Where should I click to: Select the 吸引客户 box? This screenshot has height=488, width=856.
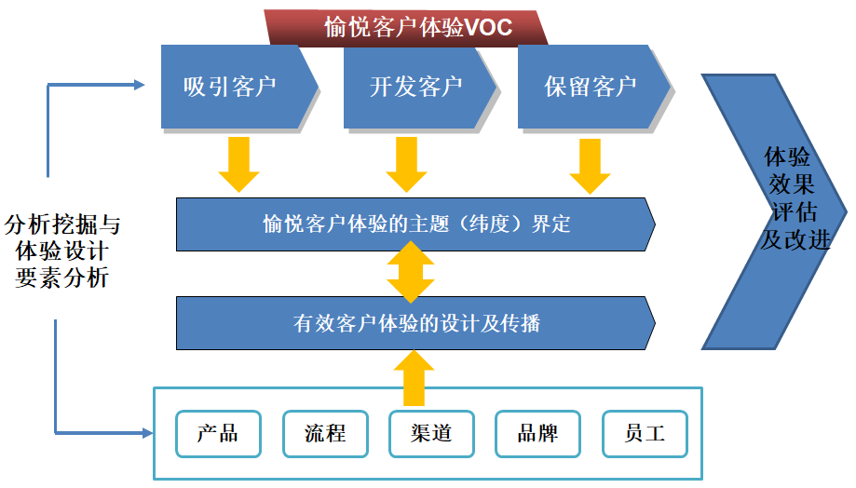coord(233,88)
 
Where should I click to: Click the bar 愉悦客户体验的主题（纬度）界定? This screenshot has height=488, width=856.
coord(415,224)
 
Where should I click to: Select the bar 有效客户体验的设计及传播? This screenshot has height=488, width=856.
coord(415,324)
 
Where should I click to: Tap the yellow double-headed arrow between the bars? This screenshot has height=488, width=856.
coord(411,274)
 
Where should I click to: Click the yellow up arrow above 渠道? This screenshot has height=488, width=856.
coord(411,376)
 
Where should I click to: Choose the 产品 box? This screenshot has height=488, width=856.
coord(218,434)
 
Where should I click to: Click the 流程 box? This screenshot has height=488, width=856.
coord(324,434)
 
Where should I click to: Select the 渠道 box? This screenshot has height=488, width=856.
coord(430,434)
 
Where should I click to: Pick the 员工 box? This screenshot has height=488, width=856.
coord(645,434)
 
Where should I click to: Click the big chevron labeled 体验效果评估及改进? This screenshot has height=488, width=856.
coord(782,210)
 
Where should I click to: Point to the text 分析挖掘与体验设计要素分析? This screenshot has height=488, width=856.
coord(62,251)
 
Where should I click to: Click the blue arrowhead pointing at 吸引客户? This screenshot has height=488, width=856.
coord(140,86)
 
